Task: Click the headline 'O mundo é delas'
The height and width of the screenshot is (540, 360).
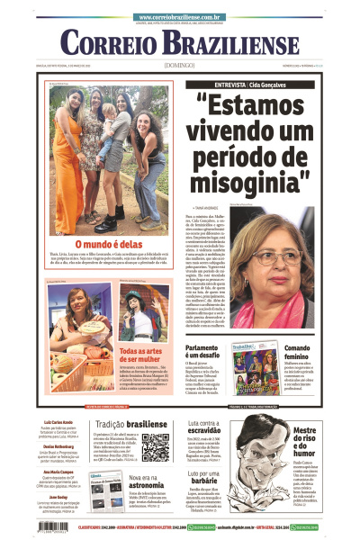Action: point(108,244)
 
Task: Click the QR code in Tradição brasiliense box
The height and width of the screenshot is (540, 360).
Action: point(155,447)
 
